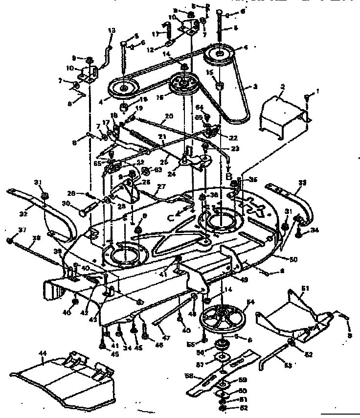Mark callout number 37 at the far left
tap(9, 231)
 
